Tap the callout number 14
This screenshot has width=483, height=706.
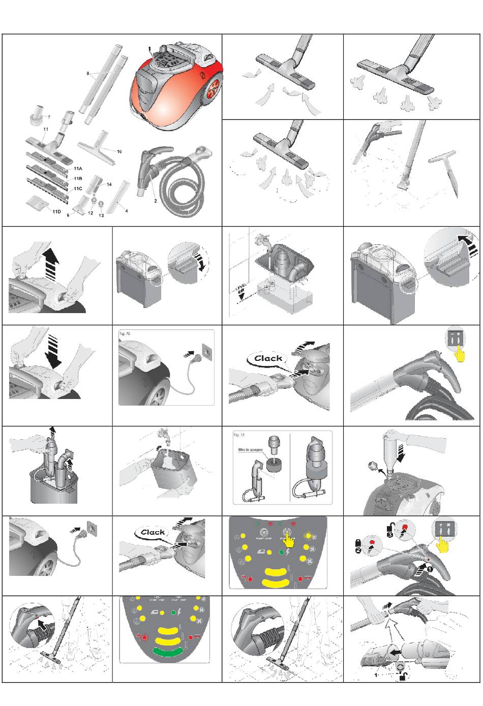pos(109,184)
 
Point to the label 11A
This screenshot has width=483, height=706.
pos(78,168)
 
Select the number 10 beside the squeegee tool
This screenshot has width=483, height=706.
pos(119,151)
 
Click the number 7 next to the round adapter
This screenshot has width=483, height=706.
pos(49,117)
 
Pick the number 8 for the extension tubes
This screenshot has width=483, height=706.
pos(88,74)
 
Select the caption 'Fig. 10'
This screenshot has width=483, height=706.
pos(125,333)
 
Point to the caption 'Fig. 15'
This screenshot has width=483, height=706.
pos(239,435)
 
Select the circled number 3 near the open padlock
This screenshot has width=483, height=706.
pos(390,535)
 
